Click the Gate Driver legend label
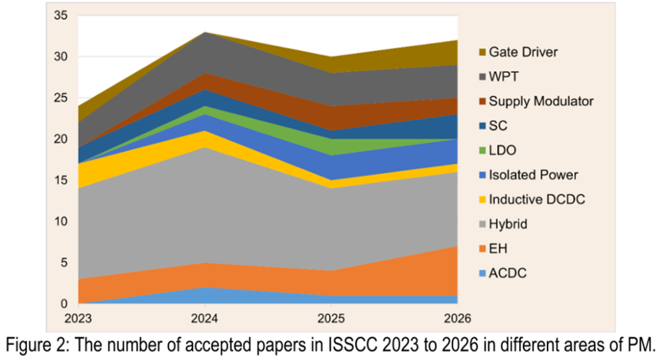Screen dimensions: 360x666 point(523,52)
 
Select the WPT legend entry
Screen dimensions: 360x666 point(504,76)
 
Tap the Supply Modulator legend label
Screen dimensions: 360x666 point(541,100)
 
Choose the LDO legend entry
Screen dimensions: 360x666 point(502,150)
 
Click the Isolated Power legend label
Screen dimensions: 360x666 point(533,174)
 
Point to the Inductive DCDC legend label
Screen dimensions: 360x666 point(536,199)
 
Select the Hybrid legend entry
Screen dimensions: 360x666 point(508,224)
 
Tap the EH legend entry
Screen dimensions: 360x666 point(498,248)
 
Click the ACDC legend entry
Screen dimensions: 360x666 point(508,273)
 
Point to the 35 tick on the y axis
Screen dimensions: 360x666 point(60,15)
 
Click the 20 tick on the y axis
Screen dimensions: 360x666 point(60,139)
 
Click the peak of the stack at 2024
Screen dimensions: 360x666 point(205,32)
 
